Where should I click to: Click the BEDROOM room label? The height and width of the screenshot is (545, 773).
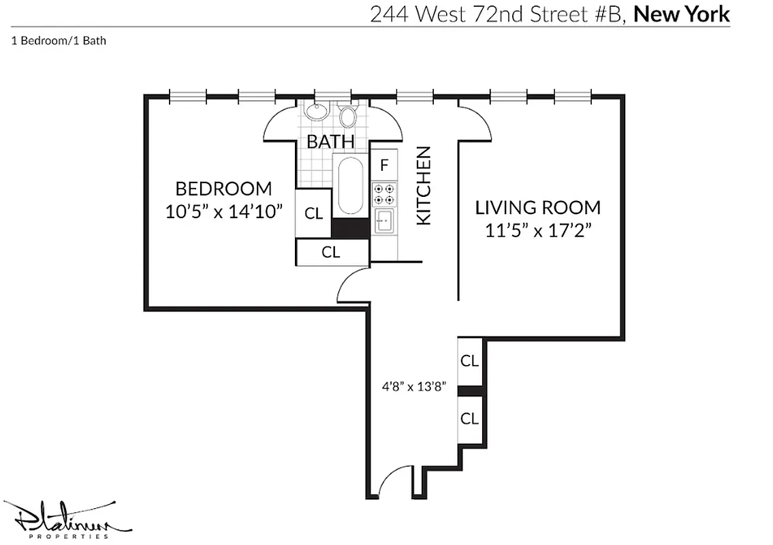pos(223,189)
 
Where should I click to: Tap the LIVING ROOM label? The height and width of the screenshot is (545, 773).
pos(538,208)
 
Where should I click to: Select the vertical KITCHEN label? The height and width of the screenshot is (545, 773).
pos(424,185)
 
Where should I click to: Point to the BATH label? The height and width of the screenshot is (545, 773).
pos(330,142)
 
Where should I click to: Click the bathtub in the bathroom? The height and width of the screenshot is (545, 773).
pos(350,186)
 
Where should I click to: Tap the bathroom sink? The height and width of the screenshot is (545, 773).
pos(316,111)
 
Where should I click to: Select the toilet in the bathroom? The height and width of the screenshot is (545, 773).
pos(349,116)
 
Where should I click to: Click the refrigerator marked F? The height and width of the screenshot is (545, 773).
pos(384,164)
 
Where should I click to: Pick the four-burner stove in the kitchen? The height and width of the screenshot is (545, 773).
pos(384,194)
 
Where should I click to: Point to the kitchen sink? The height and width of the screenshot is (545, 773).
pos(385,221)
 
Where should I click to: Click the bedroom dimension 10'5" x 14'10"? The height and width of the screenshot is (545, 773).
pos(223,212)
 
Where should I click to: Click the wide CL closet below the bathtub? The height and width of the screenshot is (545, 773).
pos(332,252)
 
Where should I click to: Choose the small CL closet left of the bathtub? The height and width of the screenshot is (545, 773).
pos(313,213)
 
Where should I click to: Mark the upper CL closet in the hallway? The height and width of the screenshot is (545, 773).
pos(469,361)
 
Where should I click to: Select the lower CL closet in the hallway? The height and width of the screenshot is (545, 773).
pos(469,418)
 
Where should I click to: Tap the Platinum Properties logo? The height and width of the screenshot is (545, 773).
pos(67,519)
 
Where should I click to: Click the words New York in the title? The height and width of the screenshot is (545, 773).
pos(682,14)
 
